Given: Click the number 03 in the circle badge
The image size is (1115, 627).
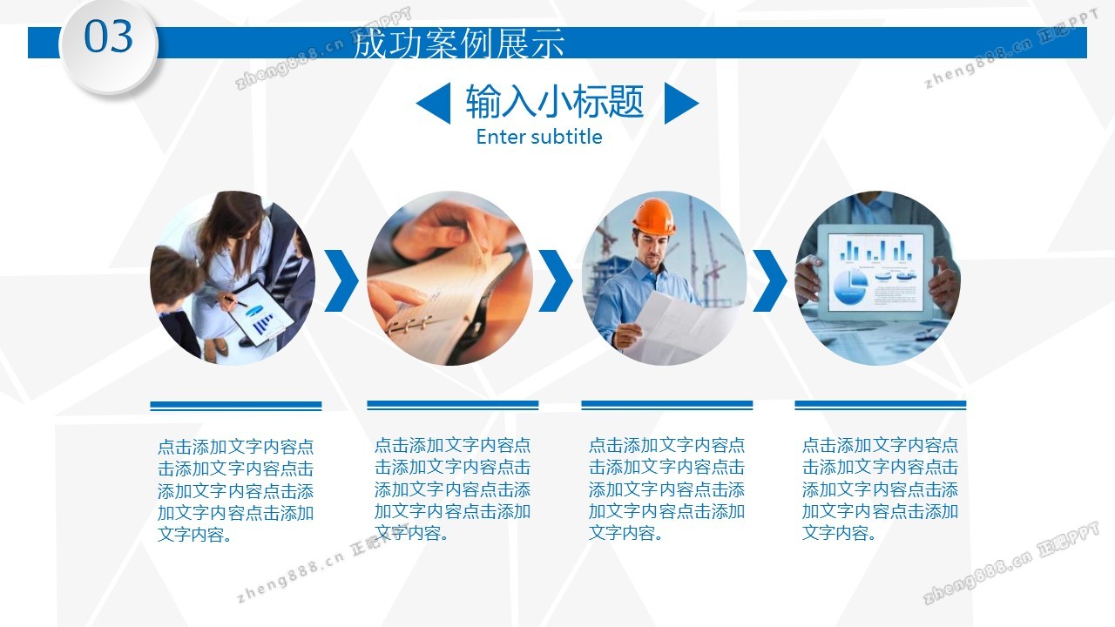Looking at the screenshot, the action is pyautogui.click(x=109, y=37).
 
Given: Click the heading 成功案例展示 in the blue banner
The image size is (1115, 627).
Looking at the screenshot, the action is pyautogui.click(x=458, y=44).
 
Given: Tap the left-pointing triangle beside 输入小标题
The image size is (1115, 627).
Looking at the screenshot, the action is pyautogui.click(x=433, y=103).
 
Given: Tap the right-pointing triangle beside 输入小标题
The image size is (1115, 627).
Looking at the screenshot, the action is pyautogui.click(x=681, y=103).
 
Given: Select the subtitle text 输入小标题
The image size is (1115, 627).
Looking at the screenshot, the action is pyautogui.click(x=555, y=101).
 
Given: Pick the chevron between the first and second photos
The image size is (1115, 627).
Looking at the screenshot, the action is pyautogui.click(x=342, y=280).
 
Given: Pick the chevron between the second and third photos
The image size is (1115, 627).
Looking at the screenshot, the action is pyautogui.click(x=556, y=280).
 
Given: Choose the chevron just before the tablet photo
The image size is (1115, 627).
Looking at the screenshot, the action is pyautogui.click(x=770, y=280).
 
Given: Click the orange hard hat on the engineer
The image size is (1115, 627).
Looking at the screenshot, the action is pyautogui.click(x=654, y=217).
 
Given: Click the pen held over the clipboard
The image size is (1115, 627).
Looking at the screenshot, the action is pyautogui.click(x=235, y=300).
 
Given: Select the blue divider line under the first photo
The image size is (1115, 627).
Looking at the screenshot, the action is pyautogui.click(x=236, y=406).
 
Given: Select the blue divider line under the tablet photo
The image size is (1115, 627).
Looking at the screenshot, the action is pyautogui.click(x=880, y=405).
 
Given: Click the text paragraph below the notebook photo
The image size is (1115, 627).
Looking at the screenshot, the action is pyautogui.click(x=452, y=489).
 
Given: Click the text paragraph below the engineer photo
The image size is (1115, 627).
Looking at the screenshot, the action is pyautogui.click(x=666, y=489).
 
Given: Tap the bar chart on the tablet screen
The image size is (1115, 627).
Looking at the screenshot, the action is pyautogui.click(x=876, y=250).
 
